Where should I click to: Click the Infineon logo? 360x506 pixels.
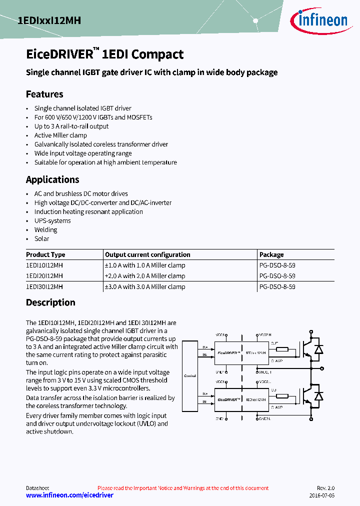pyautogui.click(x=318, y=20)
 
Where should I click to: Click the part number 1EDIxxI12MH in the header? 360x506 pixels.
pyautogui.click(x=48, y=20)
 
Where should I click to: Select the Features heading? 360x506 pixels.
pyautogui.click(x=44, y=94)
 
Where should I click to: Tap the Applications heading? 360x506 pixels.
pyautogui.click(x=52, y=179)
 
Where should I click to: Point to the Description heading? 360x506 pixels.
pyautogui.click(x=50, y=302)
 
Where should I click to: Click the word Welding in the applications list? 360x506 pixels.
pyautogui.click(x=45, y=229)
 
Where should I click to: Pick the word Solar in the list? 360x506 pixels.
pyautogui.click(x=41, y=238)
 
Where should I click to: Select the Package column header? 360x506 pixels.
pyautogui.click(x=271, y=254)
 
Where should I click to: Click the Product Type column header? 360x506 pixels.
pyautogui.click(x=45, y=254)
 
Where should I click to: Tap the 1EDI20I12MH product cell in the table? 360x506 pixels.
pyautogui.click(x=44, y=276)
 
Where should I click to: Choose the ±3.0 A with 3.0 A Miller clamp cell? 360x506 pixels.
pyautogui.click(x=145, y=287)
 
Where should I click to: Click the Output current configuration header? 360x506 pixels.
pyautogui.click(x=147, y=254)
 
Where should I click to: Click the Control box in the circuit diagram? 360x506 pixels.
pyautogui.click(x=190, y=375)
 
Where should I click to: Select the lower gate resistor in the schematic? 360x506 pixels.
pyautogui.click(x=282, y=396)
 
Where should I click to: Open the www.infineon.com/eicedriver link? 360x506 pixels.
pyautogui.click(x=69, y=495)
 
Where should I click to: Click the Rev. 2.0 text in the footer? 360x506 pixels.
pyautogui.click(x=325, y=488)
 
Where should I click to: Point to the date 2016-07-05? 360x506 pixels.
pyautogui.click(x=321, y=495)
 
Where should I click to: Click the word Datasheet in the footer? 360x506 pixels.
pyautogui.click(x=37, y=488)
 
